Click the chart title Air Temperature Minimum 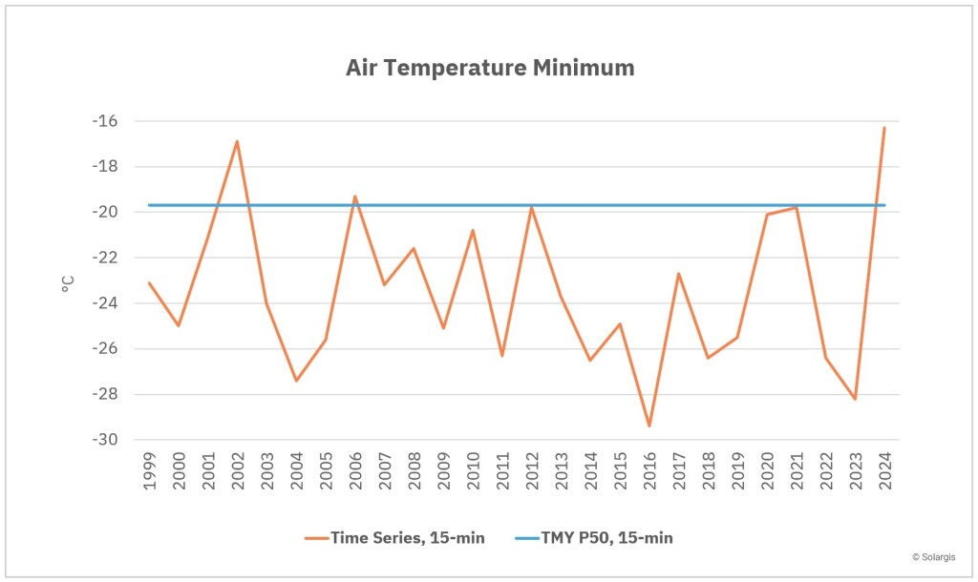489,69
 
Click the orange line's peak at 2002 237,141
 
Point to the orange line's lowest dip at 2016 649,426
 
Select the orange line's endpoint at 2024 884,128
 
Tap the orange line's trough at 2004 296,381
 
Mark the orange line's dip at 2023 855,399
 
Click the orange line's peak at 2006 355,197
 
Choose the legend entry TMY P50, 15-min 593,538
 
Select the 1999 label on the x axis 150,471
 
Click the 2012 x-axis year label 532,471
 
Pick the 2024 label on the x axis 884,471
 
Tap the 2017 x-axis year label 679,471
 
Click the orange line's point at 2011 502,356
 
